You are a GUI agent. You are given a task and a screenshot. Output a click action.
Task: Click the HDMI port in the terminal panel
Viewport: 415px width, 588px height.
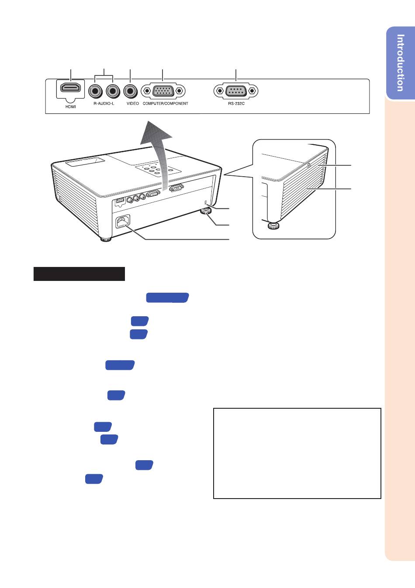click(x=70, y=87)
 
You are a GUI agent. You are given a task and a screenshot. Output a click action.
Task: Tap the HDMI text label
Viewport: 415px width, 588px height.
click(x=70, y=106)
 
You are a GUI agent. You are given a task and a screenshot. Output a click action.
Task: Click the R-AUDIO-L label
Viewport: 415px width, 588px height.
click(x=104, y=103)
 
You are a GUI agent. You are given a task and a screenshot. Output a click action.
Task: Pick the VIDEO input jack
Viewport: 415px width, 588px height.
click(x=130, y=91)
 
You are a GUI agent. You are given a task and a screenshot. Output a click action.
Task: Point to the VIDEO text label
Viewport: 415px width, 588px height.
click(x=133, y=103)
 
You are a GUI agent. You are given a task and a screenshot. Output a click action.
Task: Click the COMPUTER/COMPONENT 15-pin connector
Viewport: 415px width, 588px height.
click(x=163, y=91)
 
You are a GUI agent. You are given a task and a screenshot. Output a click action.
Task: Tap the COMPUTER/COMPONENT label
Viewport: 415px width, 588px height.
click(x=165, y=103)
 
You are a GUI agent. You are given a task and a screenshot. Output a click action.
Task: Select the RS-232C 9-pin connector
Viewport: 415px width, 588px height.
click(x=236, y=91)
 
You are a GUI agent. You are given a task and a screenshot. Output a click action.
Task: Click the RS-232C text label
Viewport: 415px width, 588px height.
click(x=236, y=103)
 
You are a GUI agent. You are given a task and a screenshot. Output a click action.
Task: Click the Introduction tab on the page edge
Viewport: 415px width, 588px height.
click(x=401, y=63)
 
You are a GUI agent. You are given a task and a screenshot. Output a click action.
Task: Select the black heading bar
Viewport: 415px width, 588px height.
click(x=79, y=274)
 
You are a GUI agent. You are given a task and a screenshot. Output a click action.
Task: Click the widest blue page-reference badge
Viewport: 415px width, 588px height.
click(x=167, y=297)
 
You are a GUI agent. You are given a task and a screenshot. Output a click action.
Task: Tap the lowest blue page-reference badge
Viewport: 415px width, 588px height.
click(x=94, y=479)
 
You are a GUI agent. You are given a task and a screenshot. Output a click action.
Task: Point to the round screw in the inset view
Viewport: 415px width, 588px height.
click(x=308, y=165)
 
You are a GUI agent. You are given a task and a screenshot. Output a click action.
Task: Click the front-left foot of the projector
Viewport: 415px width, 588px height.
click(x=106, y=239)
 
